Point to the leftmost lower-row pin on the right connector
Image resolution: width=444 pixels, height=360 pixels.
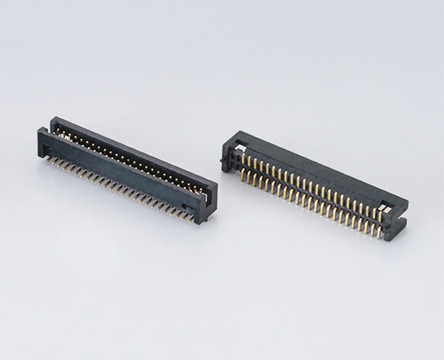click(x=242, y=175)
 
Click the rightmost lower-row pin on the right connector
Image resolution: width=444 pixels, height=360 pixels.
click(x=379, y=231)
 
